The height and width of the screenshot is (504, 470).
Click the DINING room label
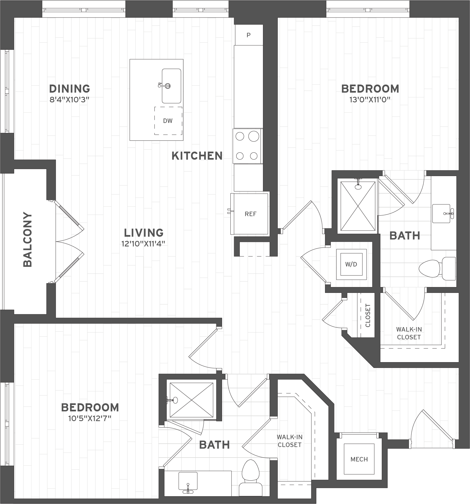(70, 89)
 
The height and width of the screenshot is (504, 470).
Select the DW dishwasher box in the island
(168, 121)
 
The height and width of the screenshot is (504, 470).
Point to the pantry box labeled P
(248, 35)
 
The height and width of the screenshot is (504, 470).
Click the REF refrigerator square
(250, 214)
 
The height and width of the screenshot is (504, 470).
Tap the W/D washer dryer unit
(351, 264)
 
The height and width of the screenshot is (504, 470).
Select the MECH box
(359, 459)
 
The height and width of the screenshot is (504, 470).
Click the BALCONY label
(28, 240)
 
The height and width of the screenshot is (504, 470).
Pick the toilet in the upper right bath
(437, 268)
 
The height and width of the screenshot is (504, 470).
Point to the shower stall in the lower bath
(191, 400)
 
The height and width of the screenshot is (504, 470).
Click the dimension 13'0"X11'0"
(370, 100)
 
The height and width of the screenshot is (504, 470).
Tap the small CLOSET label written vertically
(368, 315)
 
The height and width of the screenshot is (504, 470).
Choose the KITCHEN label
(197, 156)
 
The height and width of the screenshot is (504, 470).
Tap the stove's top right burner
(254, 136)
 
